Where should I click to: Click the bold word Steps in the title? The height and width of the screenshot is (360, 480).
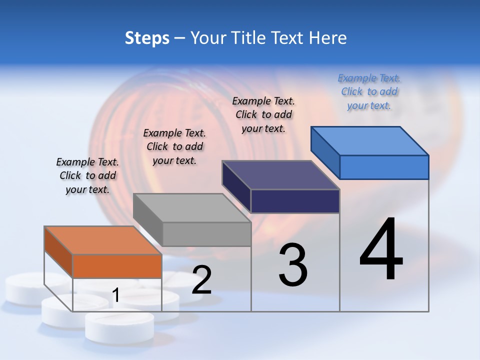pyautogui.click(x=147, y=38)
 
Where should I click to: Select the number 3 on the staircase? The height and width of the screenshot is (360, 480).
pyautogui.click(x=293, y=265)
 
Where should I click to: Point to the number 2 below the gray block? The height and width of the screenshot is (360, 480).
pyautogui.click(x=201, y=280)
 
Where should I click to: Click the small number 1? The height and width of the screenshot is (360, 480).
pyautogui.click(x=115, y=295)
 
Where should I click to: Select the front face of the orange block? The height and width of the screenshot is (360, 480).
pyautogui.click(x=117, y=266)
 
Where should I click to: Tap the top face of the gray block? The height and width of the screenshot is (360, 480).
pyautogui.click(x=191, y=207)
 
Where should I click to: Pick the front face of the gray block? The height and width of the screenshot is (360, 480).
pyautogui.click(x=206, y=234)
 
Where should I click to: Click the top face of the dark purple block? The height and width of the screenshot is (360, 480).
pyautogui.click(x=280, y=175)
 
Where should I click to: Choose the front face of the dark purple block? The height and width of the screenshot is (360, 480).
pyautogui.click(x=295, y=201)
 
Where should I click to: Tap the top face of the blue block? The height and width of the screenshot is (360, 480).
pyautogui.click(x=369, y=140)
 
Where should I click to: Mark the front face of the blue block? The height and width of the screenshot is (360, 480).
pyautogui.click(x=384, y=167)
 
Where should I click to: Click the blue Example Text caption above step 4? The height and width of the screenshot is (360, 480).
pyautogui.click(x=369, y=92)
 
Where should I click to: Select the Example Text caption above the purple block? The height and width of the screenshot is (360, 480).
pyautogui.click(x=263, y=114)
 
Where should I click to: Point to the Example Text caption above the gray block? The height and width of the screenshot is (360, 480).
pyautogui.click(x=174, y=146)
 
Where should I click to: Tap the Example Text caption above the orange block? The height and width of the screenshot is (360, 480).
pyautogui.click(x=87, y=175)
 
